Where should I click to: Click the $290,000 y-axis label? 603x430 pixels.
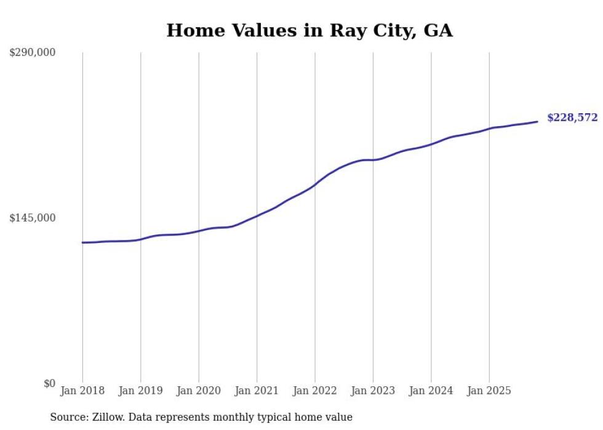point(32,52)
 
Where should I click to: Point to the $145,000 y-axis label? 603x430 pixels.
point(32,218)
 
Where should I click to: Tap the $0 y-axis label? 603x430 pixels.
point(49,383)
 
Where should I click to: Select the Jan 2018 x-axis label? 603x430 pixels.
point(82,391)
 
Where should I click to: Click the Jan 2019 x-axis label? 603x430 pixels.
point(140,391)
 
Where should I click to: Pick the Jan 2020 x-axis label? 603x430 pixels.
point(199,391)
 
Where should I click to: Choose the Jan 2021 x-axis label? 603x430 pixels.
point(257,391)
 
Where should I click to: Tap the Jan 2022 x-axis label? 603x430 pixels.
point(315,391)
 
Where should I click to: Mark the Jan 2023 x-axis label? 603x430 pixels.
point(373,391)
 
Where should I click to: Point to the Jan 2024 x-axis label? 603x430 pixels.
point(431,391)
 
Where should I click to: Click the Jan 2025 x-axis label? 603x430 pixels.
point(489,391)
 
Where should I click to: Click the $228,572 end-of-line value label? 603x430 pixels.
point(572,117)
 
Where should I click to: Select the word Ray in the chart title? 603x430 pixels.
point(347,31)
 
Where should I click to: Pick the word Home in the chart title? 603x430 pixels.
point(191,31)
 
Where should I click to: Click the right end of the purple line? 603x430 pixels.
point(538,121)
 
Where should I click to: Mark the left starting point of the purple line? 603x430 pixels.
point(82,242)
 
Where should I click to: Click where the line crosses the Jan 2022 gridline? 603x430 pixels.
point(315,185)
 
